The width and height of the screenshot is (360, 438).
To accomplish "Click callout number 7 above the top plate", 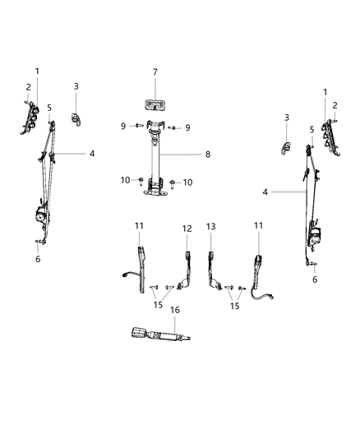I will (155, 71).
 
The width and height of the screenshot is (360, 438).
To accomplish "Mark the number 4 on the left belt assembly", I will (92, 154).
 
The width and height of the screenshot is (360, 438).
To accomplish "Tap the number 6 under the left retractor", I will (37, 258).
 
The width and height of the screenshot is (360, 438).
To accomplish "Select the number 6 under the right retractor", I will (313, 279).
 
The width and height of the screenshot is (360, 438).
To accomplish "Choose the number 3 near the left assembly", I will (76, 85).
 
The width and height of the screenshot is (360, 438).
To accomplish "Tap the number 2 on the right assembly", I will (335, 104).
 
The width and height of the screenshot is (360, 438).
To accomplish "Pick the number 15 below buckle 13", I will (236, 306).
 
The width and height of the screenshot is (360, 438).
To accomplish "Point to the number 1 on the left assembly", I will (37, 71).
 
